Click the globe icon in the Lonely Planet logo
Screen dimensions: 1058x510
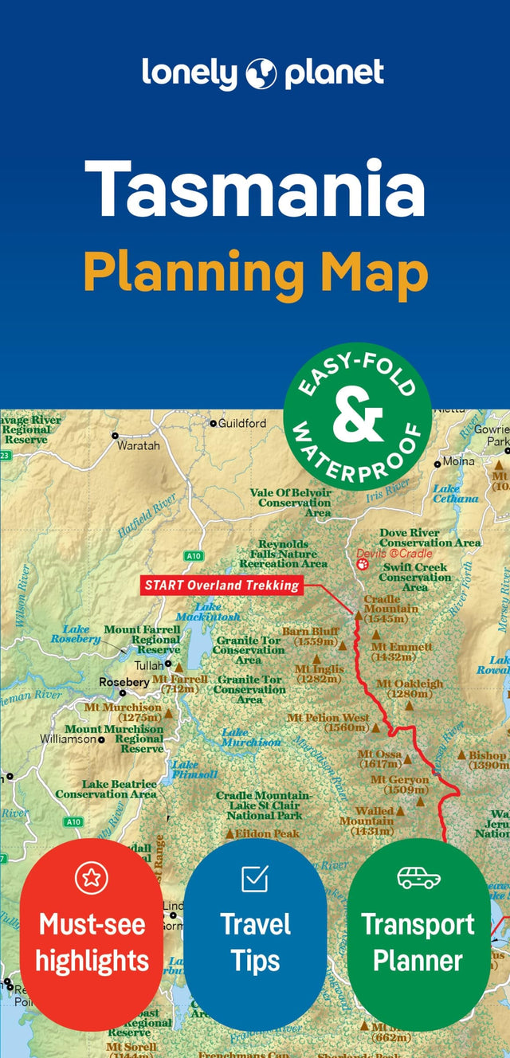(261, 73)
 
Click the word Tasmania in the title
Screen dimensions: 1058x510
(255, 189)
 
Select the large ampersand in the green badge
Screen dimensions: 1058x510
(357, 421)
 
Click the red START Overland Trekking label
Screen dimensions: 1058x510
(222, 586)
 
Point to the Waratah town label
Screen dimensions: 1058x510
(138, 445)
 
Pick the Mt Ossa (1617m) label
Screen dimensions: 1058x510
(379, 758)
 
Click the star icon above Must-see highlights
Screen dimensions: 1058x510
(91, 878)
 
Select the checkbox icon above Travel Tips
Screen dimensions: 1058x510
(255, 878)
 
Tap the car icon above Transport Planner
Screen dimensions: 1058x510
(418, 877)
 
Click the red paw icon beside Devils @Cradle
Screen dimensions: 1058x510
(363, 564)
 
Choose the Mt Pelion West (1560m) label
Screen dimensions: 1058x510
(328, 723)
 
